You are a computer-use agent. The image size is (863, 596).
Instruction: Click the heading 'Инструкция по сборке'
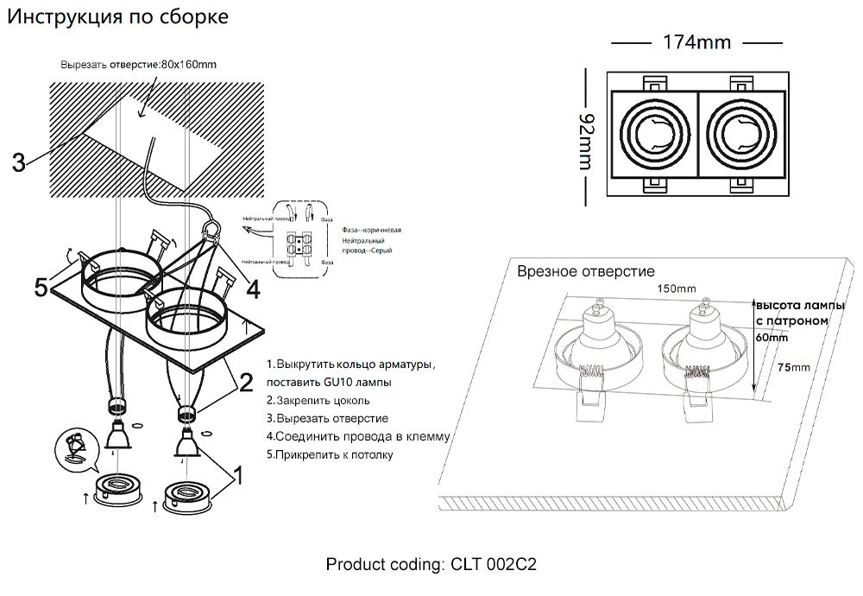(x=118, y=17)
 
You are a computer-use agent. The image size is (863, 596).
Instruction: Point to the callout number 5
(x=41, y=287)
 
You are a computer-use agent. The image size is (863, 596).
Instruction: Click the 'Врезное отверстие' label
(x=586, y=272)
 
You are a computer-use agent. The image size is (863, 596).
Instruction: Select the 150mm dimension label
(x=676, y=288)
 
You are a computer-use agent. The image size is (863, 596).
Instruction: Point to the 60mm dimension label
(x=772, y=338)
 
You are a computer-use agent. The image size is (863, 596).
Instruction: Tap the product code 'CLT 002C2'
(x=494, y=565)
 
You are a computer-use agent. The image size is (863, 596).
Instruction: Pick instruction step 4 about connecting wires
(x=358, y=436)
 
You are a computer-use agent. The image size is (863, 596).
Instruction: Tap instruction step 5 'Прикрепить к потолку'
(x=330, y=454)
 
